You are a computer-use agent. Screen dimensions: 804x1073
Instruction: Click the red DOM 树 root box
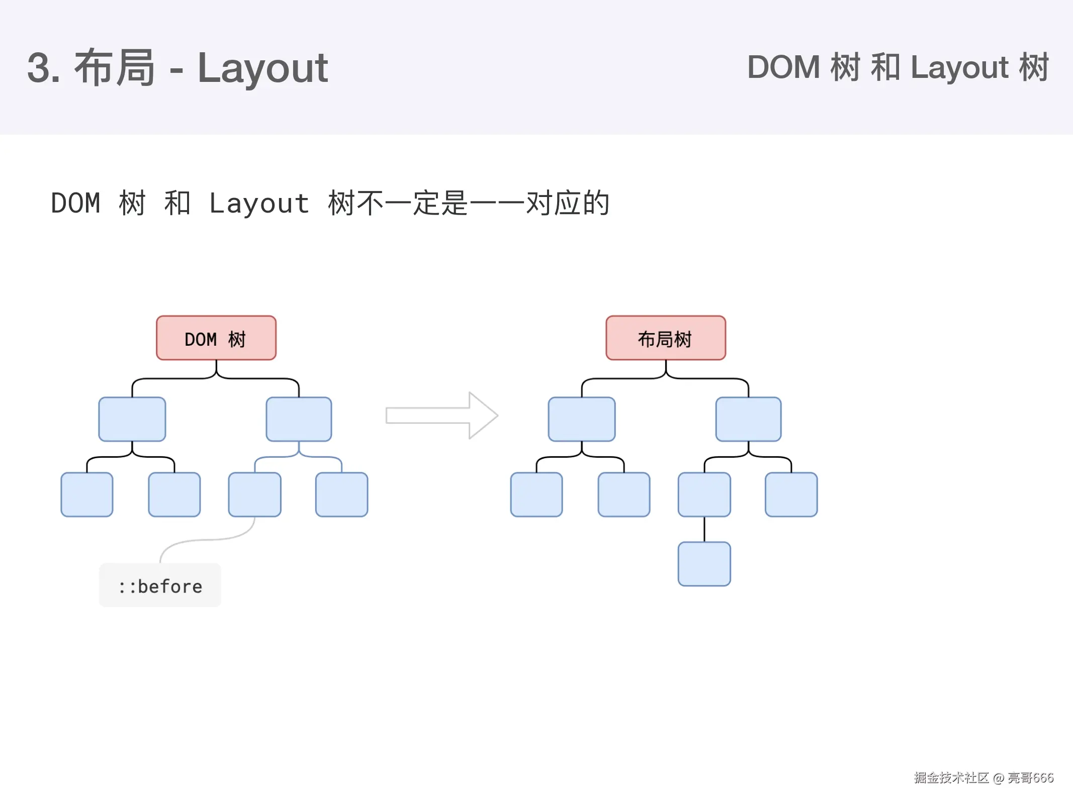click(x=216, y=338)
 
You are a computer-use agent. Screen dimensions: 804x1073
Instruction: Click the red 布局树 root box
click(x=665, y=338)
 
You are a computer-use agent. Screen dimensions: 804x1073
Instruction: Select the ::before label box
click(x=160, y=585)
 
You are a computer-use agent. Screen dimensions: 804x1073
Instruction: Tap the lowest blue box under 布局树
click(x=704, y=564)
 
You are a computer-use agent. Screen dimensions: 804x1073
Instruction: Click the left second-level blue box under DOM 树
click(x=132, y=419)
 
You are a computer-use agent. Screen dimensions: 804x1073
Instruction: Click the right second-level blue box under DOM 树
click(x=299, y=419)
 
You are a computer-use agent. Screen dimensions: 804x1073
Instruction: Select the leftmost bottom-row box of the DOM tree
click(x=86, y=494)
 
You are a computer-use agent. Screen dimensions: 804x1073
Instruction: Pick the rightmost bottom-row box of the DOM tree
click(x=341, y=494)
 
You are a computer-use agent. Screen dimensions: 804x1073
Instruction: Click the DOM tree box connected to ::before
click(x=254, y=494)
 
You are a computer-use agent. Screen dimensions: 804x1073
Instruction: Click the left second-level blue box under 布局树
click(x=581, y=419)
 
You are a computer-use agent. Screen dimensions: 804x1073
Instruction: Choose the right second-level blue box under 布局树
click(x=748, y=419)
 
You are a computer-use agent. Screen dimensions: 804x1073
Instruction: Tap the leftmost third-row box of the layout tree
click(x=536, y=494)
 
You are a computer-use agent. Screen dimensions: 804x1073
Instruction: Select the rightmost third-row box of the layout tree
click(x=791, y=494)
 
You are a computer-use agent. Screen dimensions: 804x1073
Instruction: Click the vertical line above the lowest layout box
click(x=704, y=529)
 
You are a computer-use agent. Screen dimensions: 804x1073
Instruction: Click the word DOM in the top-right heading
click(x=783, y=67)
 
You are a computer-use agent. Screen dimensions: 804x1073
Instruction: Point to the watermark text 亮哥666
click(x=1030, y=777)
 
